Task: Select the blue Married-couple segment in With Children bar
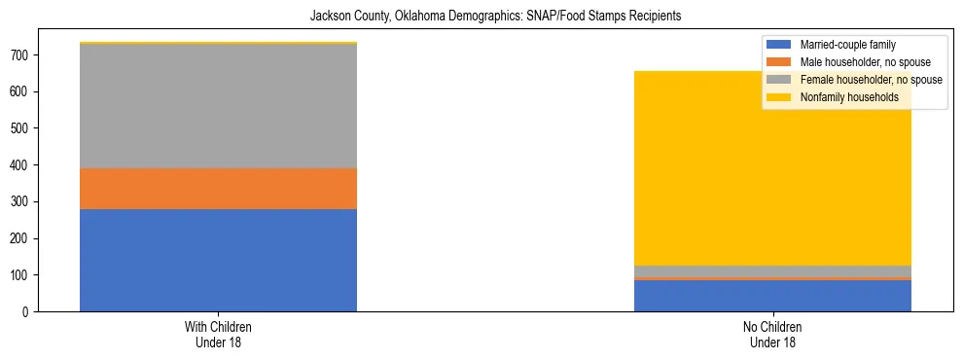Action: pyautogui.click(x=218, y=260)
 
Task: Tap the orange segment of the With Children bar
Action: pyautogui.click(x=218, y=189)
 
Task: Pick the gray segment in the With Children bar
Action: pyautogui.click(x=218, y=107)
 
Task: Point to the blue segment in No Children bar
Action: pyautogui.click(x=772, y=296)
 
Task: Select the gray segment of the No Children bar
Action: pyautogui.click(x=772, y=271)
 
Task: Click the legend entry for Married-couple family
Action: pyautogui.click(x=847, y=45)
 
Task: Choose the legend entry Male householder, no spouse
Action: pyautogui.click(x=851, y=62)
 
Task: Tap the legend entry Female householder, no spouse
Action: pyautogui.click(x=855, y=80)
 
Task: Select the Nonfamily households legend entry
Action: pyautogui.click(x=842, y=97)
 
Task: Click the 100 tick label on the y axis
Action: pyautogui.click(x=21, y=275)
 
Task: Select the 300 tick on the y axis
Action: pyautogui.click(x=21, y=201)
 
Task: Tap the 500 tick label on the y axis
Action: pyautogui.click(x=21, y=128)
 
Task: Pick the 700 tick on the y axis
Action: pyautogui.click(x=21, y=55)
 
